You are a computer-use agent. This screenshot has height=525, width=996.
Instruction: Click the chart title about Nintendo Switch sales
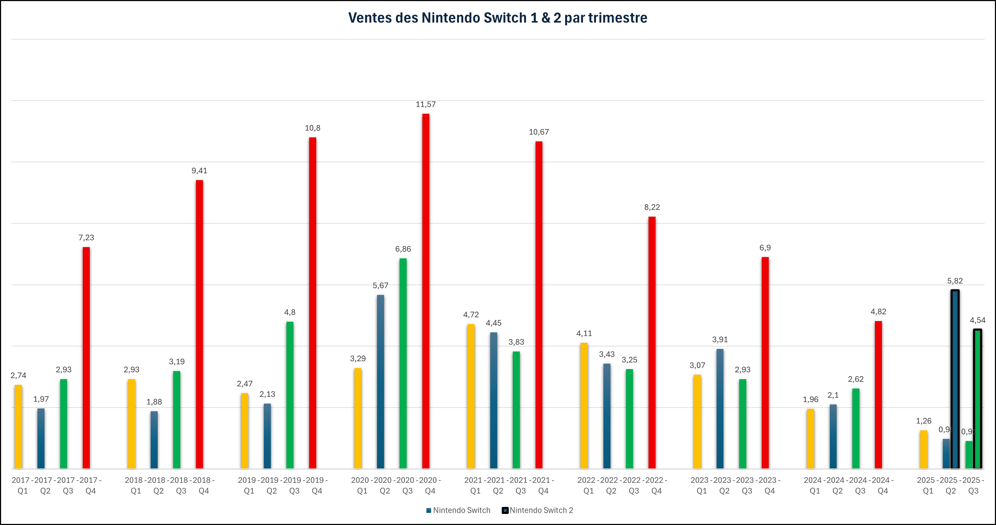pyautogui.click(x=498, y=18)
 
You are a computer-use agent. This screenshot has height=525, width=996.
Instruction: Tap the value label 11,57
pyautogui.click(x=426, y=104)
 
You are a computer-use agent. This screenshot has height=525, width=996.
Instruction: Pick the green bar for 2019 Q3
pyautogui.click(x=290, y=395)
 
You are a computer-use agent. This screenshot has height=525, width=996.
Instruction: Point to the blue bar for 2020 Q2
pyautogui.click(x=380, y=382)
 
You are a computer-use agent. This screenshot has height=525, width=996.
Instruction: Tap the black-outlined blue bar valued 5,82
pyautogui.click(x=955, y=379)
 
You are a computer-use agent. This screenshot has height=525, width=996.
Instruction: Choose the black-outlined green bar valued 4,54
pyautogui.click(x=977, y=399)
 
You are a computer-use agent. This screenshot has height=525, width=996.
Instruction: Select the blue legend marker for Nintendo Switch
pyautogui.click(x=428, y=510)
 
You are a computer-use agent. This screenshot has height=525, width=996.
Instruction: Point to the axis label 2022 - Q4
pyautogui.click(x=656, y=485)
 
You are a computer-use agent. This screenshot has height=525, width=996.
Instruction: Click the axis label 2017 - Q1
pyautogui.click(x=22, y=485)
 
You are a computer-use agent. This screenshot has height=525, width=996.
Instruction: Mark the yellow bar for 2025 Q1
pyautogui.click(x=924, y=449)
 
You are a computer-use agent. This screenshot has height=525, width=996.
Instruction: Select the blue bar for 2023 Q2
pyautogui.click(x=720, y=409)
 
